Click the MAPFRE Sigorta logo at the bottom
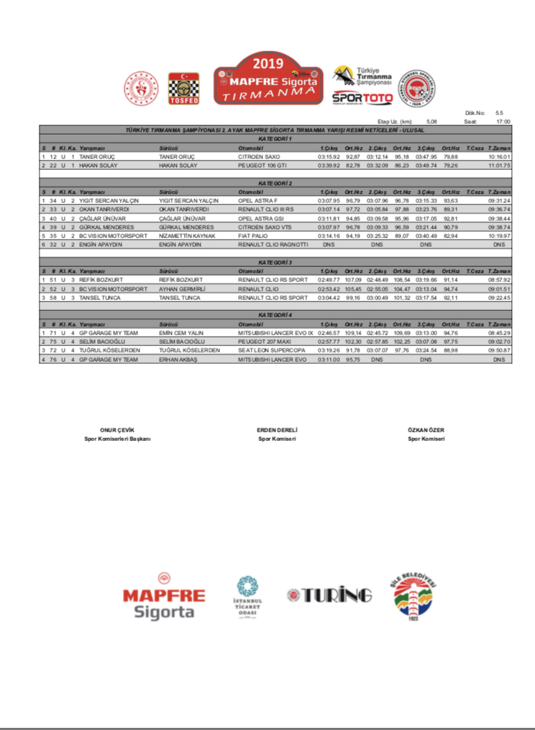(x=163, y=597)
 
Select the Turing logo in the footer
(x=329, y=596)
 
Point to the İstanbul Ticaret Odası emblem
(x=250, y=596)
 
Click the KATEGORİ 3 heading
(x=274, y=263)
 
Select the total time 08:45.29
(x=498, y=334)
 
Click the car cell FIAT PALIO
(x=253, y=235)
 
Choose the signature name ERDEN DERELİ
(x=277, y=429)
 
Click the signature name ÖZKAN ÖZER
(x=426, y=429)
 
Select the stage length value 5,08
(x=431, y=122)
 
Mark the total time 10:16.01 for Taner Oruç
(x=498, y=156)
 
